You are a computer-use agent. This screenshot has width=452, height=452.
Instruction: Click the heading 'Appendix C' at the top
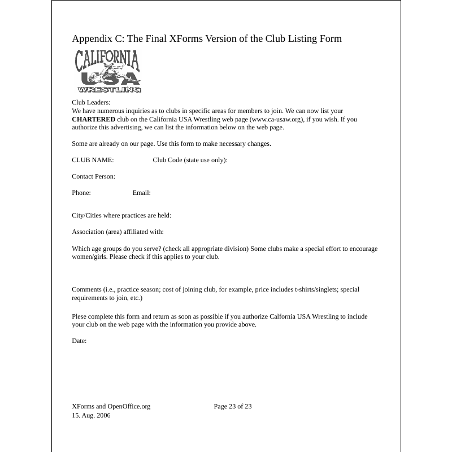207,38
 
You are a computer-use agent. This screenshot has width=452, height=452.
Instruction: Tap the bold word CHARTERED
93,119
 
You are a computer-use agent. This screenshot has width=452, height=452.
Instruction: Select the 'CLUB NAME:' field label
93,160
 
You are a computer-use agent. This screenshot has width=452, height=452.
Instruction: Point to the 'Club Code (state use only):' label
190,160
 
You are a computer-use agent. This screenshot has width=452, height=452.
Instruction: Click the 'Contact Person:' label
93,176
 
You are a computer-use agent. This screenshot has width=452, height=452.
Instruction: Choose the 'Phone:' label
81,193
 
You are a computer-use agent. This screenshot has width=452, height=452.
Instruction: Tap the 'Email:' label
141,193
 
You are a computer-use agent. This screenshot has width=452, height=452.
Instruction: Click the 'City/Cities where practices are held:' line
121,215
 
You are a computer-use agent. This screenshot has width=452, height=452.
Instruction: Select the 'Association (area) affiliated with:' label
118,232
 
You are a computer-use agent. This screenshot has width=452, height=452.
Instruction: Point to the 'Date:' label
79,341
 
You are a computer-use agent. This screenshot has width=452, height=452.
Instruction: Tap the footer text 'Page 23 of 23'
232,406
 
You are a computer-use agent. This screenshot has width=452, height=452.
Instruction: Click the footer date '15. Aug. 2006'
91,415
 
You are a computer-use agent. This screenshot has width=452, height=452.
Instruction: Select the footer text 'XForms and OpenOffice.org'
111,406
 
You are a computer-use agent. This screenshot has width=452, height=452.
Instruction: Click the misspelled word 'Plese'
80,316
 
